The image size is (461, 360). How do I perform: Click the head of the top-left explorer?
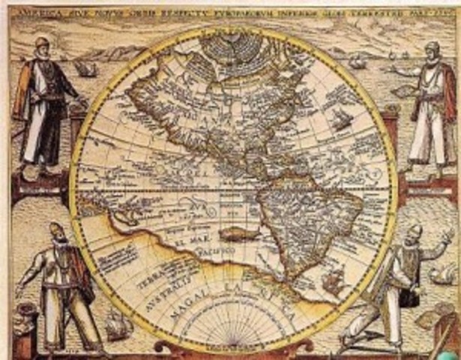click(42, 46)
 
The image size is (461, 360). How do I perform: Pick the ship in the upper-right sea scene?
click(358, 61)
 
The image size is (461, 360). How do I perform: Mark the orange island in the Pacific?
click(239, 235)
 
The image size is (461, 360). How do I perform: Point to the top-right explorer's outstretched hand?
click(394, 69)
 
